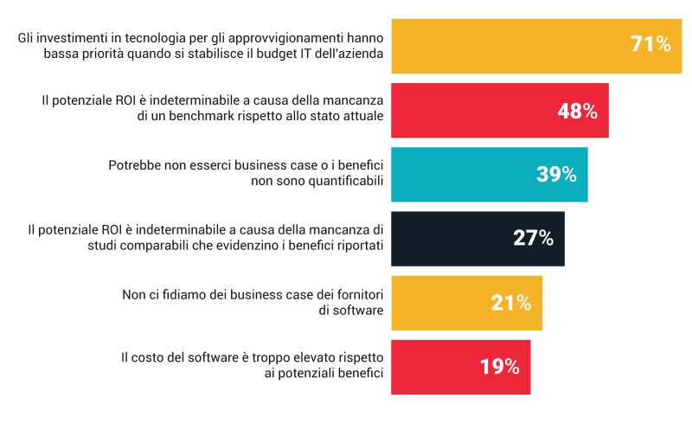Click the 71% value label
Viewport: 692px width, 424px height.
(x=650, y=44)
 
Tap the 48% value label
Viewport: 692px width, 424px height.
(x=576, y=110)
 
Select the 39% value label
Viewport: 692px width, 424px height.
(x=556, y=174)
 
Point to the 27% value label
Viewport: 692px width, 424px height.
(x=533, y=238)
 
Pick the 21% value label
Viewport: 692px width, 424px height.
(x=510, y=302)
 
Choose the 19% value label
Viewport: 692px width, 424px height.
(x=499, y=366)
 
